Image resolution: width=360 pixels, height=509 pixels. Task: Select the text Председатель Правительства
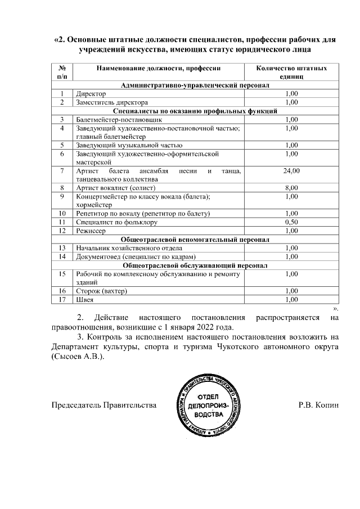click(103, 406)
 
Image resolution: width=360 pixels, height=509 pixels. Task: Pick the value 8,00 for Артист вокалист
click(291, 187)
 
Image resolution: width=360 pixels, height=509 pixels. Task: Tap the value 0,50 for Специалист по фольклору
click(291, 222)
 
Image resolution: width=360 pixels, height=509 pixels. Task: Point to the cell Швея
click(84, 300)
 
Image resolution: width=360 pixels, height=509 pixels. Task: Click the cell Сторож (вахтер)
click(102, 291)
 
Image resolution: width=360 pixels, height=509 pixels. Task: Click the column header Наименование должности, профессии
click(158, 68)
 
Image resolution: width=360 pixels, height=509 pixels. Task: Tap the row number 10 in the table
click(62, 213)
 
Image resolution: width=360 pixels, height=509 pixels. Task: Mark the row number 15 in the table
click(62, 274)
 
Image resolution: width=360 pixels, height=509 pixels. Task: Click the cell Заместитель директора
click(112, 102)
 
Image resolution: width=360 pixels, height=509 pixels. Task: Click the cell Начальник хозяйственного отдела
click(129, 248)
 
